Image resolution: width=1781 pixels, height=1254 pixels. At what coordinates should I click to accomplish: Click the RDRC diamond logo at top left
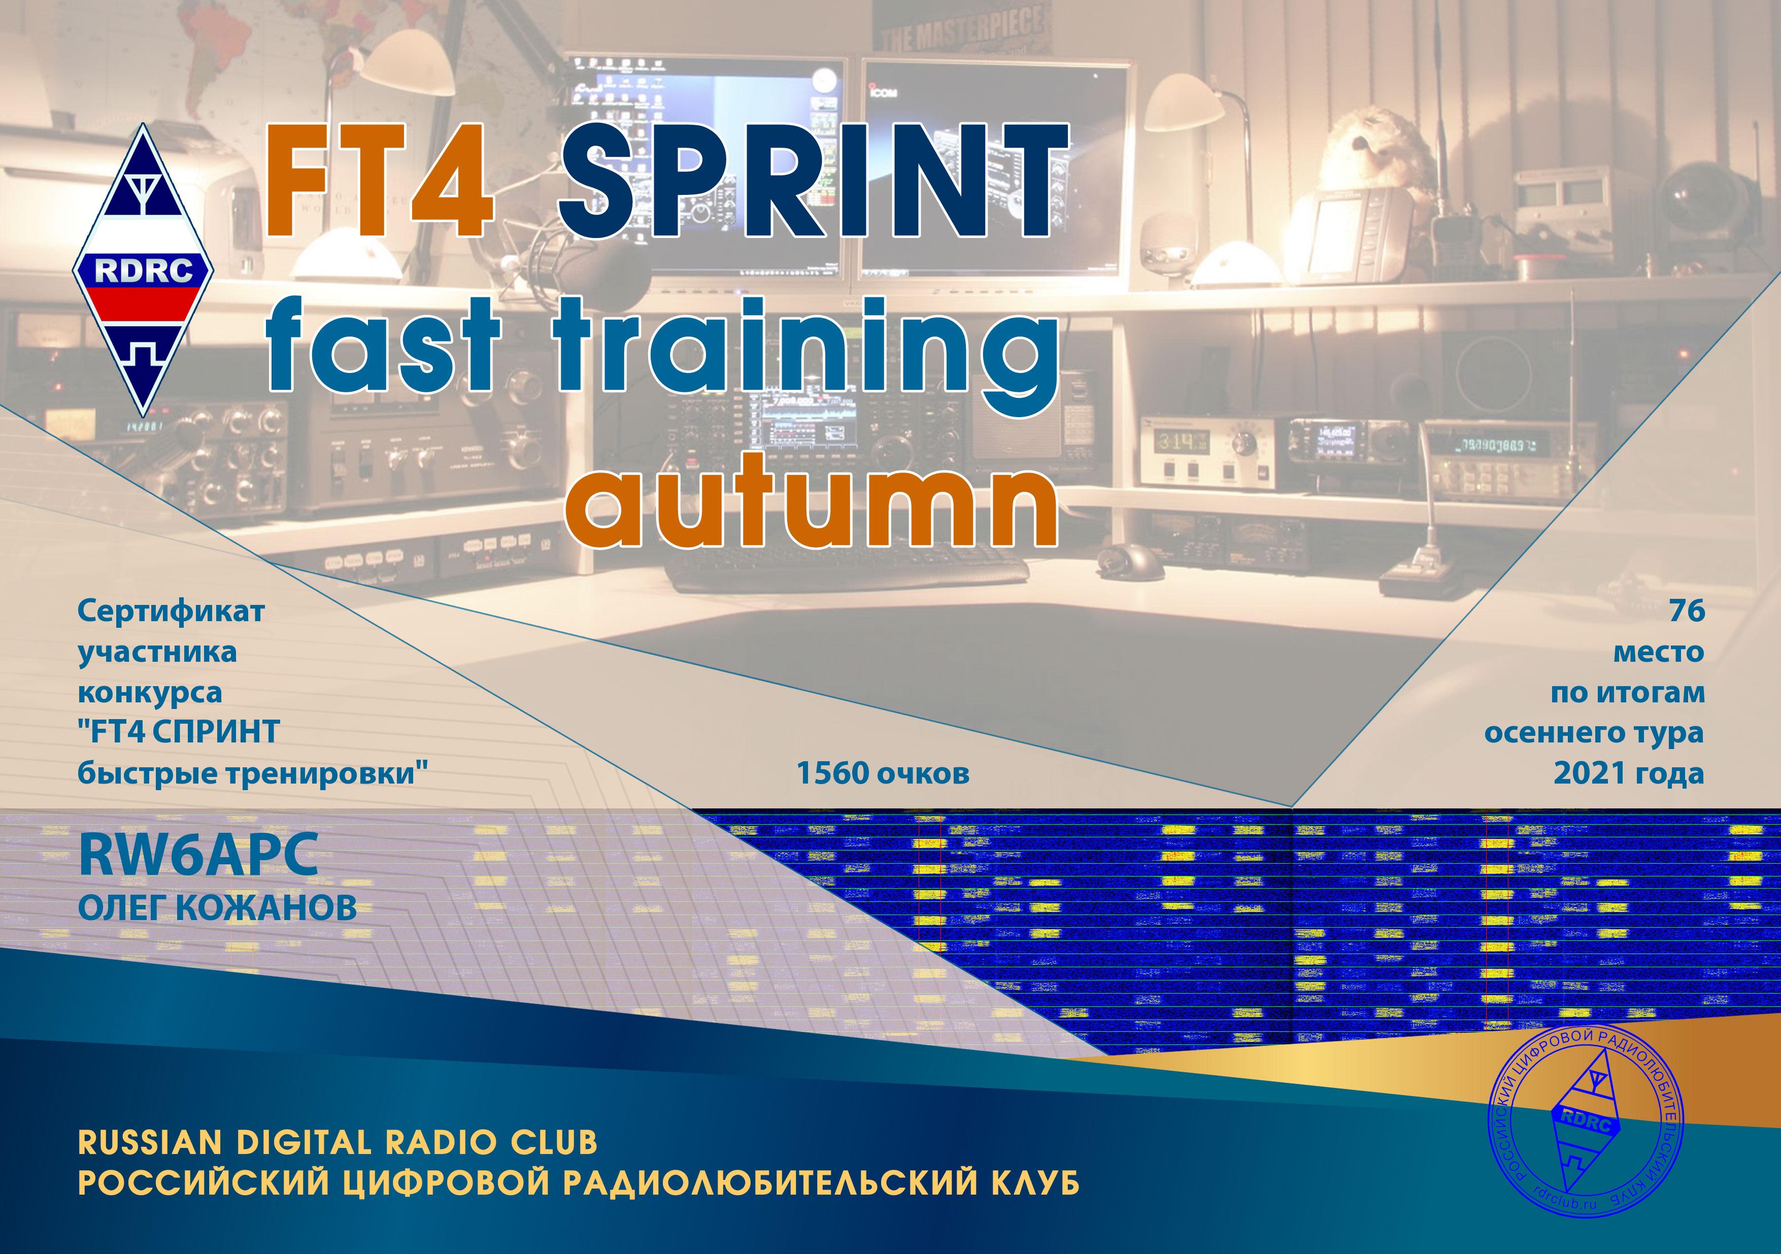point(144,270)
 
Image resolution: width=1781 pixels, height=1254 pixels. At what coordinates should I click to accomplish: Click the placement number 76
point(1687,611)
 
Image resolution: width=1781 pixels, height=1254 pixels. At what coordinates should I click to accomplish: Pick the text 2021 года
point(1629,773)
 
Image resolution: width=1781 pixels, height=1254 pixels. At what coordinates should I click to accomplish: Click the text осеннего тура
point(1594,732)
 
